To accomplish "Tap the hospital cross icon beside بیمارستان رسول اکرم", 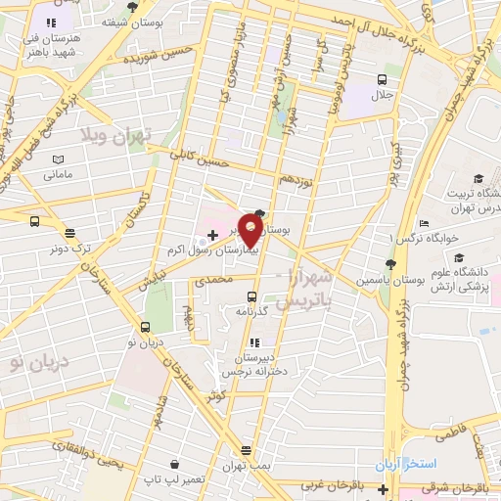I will pos(212,235).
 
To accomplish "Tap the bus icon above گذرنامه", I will pos(251,296).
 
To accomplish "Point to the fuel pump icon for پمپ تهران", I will pos(245,450).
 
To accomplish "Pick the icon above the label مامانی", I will pos(57,159).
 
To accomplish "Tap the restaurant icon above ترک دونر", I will pos(69,232).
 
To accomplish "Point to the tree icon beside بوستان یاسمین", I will pos(390,264).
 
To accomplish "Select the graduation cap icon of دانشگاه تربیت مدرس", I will pos(478,178).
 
